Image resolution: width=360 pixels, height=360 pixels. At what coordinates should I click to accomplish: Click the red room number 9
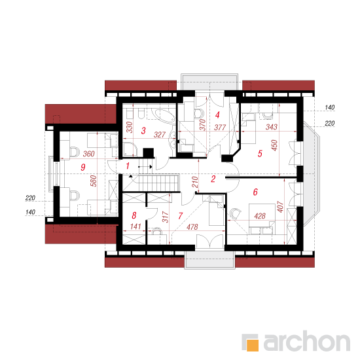click(83, 167)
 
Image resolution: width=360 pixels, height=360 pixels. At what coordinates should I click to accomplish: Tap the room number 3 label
click(143, 131)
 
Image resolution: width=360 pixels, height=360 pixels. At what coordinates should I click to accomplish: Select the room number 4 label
click(217, 115)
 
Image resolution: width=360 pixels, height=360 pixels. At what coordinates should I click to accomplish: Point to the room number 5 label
click(260, 154)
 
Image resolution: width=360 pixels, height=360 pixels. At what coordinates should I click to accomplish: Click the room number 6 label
click(255, 192)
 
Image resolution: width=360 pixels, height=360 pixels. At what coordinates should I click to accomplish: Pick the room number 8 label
click(134, 215)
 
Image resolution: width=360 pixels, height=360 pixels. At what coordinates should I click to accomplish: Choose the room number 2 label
click(213, 179)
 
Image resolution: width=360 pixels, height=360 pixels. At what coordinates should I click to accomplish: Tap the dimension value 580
click(93, 181)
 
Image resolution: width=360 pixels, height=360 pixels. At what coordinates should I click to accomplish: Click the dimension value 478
click(192, 227)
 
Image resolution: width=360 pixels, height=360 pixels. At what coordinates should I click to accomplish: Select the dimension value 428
click(260, 216)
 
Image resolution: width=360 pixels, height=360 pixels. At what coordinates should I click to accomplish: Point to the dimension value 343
click(272, 127)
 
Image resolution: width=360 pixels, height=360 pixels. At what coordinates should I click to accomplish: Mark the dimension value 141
click(135, 226)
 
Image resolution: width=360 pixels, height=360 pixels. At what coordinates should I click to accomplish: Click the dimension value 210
click(194, 182)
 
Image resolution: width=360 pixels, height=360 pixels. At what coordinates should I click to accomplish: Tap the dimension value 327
click(160, 135)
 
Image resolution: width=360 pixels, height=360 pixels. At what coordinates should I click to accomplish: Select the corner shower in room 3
click(130, 149)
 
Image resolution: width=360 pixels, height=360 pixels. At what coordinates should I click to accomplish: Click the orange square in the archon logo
click(253, 345)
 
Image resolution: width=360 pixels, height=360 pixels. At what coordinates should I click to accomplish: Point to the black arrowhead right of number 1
click(151, 167)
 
